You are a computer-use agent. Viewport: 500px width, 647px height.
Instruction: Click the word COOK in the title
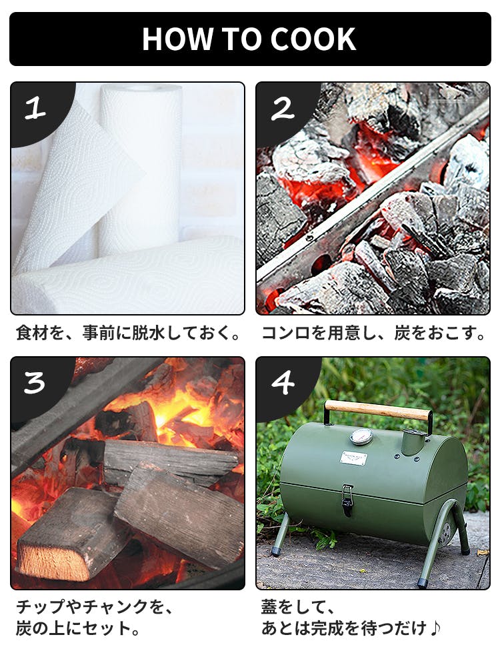pyautogui.click(x=313, y=39)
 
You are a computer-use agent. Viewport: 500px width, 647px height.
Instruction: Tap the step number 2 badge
pyautogui.click(x=283, y=109)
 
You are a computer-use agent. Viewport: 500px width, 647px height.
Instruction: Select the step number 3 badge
pyautogui.click(x=35, y=382)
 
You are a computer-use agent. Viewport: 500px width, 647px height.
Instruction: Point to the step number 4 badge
pyautogui.click(x=283, y=382)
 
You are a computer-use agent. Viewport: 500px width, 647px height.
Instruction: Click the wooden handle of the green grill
pyautogui.click(x=378, y=410)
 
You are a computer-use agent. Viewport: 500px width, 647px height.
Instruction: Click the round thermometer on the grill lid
pyautogui.click(x=361, y=437)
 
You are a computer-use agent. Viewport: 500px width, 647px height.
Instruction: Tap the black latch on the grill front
pyautogui.click(x=347, y=500)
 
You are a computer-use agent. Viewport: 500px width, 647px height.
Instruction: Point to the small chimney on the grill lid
pyautogui.click(x=413, y=442)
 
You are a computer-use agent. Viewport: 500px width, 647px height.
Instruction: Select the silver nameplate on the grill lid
pyautogui.click(x=353, y=458)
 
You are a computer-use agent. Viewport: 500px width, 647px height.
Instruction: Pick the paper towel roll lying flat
pyautogui.click(x=128, y=274)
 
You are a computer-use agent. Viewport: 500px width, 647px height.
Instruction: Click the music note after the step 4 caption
pyautogui.click(x=435, y=628)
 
